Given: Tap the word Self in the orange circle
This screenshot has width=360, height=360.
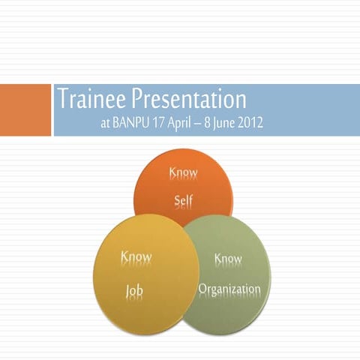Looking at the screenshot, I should click(183, 201).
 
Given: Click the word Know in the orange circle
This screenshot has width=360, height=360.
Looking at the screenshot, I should click(183, 173).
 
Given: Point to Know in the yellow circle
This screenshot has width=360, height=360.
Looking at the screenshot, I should click(136, 258).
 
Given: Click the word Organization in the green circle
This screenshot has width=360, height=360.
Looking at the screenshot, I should click(229, 289).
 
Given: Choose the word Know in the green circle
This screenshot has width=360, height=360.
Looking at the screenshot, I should click(228, 259).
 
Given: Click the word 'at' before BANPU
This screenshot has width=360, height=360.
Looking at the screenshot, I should click(104, 122).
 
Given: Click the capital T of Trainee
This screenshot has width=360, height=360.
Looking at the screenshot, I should click(62, 99).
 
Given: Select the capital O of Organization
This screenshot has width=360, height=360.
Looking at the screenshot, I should click(202, 289).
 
